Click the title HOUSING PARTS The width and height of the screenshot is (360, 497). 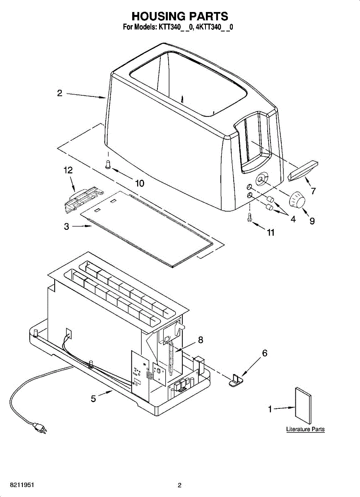tap(180, 17)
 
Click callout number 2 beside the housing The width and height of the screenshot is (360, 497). tap(60, 94)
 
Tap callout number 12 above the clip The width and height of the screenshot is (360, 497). tap(68, 170)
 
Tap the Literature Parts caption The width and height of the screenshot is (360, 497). tap(305, 429)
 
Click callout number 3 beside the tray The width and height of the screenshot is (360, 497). tap(66, 227)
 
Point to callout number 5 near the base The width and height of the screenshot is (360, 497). tap(94, 399)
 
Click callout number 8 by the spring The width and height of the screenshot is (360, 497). tap(201, 340)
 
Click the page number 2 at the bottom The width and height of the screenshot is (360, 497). tap(179, 485)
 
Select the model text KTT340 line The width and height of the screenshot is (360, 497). tap(180, 28)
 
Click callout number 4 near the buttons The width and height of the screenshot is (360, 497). tap(293, 220)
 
